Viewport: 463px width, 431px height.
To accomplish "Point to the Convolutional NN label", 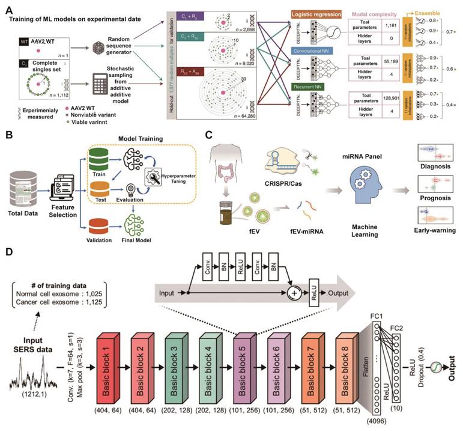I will point(313,51).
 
